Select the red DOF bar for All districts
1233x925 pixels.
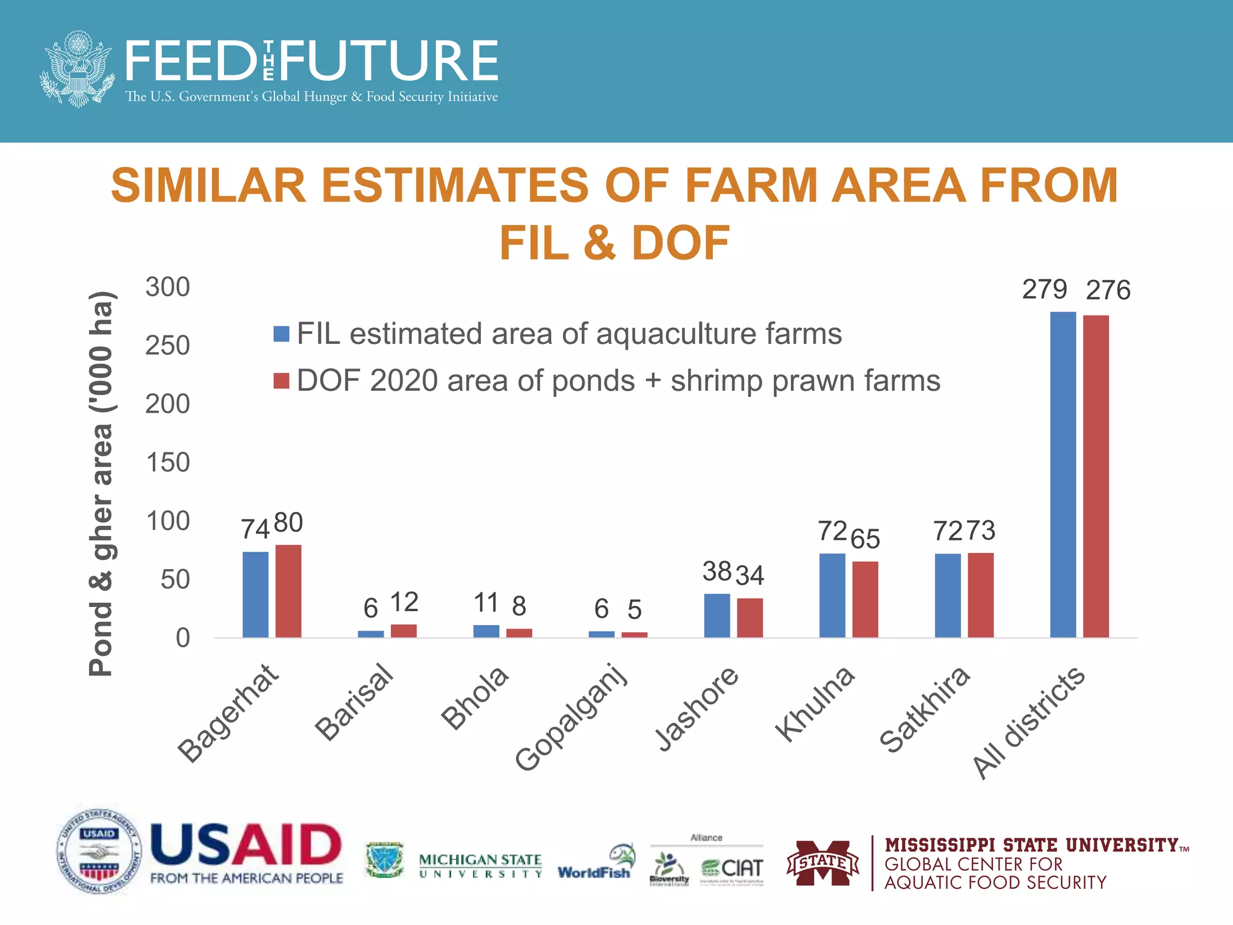[x=1096, y=476]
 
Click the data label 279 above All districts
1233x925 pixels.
[x=1045, y=290]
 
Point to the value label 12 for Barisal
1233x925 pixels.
[x=404, y=602]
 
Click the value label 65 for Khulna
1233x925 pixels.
[x=865, y=538]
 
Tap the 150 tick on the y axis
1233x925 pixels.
[x=167, y=462]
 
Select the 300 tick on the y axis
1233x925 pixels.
[x=167, y=287]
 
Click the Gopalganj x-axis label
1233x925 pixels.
[x=572, y=717]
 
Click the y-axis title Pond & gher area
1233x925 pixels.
[x=101, y=482]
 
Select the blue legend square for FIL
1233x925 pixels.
[x=281, y=334]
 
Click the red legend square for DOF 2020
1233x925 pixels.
[x=281, y=381]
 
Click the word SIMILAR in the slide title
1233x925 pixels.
[x=208, y=185]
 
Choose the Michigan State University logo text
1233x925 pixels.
[x=480, y=865]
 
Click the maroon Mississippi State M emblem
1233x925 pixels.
[x=822, y=863]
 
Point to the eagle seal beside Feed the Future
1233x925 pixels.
[x=77, y=69]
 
